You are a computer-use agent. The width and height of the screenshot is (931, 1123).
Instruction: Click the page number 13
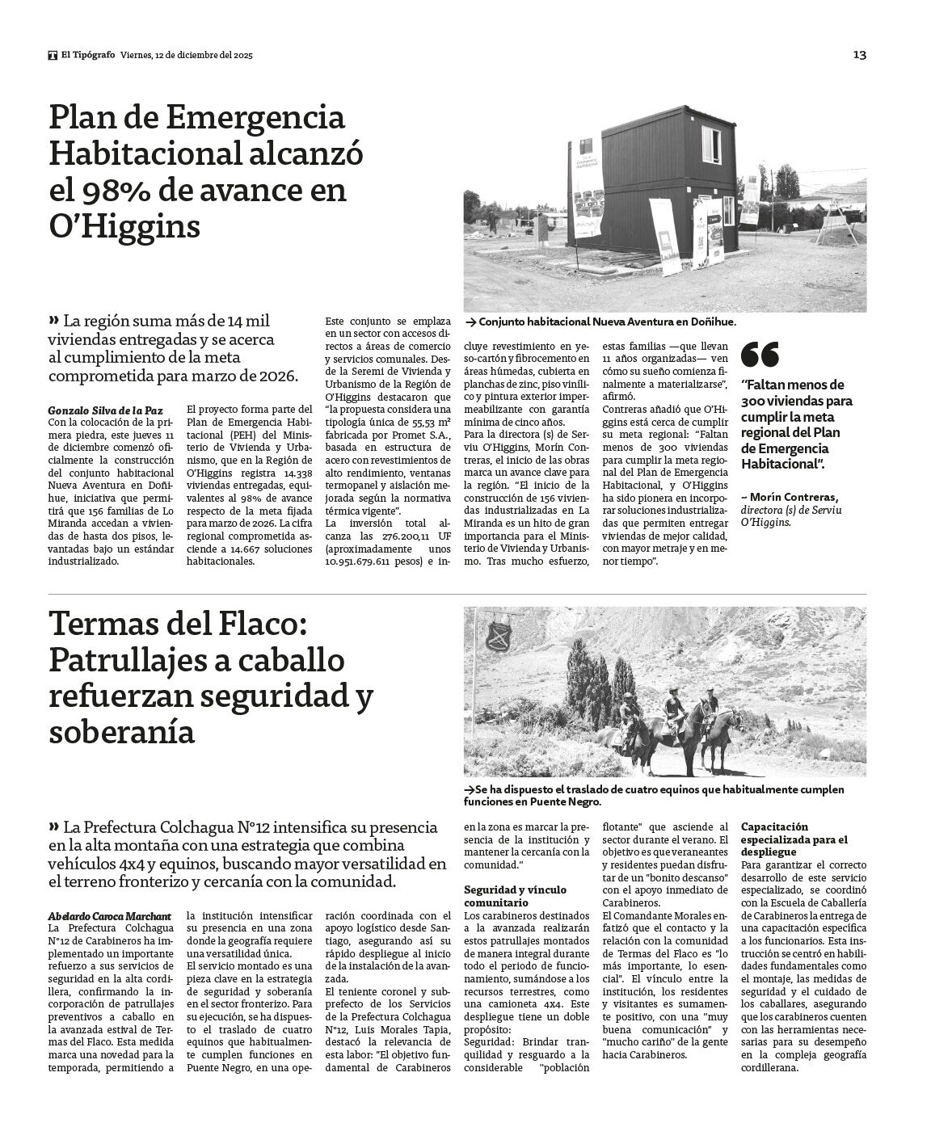860,55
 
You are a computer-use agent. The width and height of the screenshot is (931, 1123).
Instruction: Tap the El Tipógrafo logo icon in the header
52,55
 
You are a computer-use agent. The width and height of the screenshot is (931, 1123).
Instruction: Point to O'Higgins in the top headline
124,226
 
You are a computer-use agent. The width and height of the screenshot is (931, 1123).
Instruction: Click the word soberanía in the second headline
121,732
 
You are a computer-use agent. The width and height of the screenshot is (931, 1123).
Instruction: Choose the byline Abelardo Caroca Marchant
109,916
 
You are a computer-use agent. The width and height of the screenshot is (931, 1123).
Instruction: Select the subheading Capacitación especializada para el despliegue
794,839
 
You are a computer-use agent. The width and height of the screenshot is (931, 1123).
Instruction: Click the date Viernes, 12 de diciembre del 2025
187,55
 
